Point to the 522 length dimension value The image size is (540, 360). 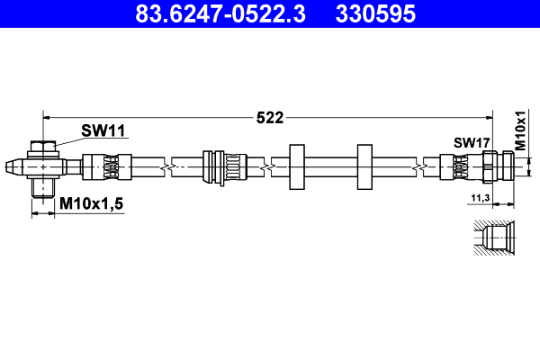[270, 117]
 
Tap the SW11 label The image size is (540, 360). [103, 131]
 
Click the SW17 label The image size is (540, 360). [471, 142]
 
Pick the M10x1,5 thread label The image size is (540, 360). [91, 205]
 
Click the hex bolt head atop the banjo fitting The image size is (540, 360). [42, 148]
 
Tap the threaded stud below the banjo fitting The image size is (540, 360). [42, 188]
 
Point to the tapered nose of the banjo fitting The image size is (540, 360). [13, 166]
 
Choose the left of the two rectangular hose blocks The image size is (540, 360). [296, 166]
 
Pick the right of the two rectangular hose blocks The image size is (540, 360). [364, 166]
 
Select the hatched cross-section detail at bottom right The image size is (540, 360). [493, 238]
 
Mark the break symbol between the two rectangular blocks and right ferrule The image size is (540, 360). [420, 166]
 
